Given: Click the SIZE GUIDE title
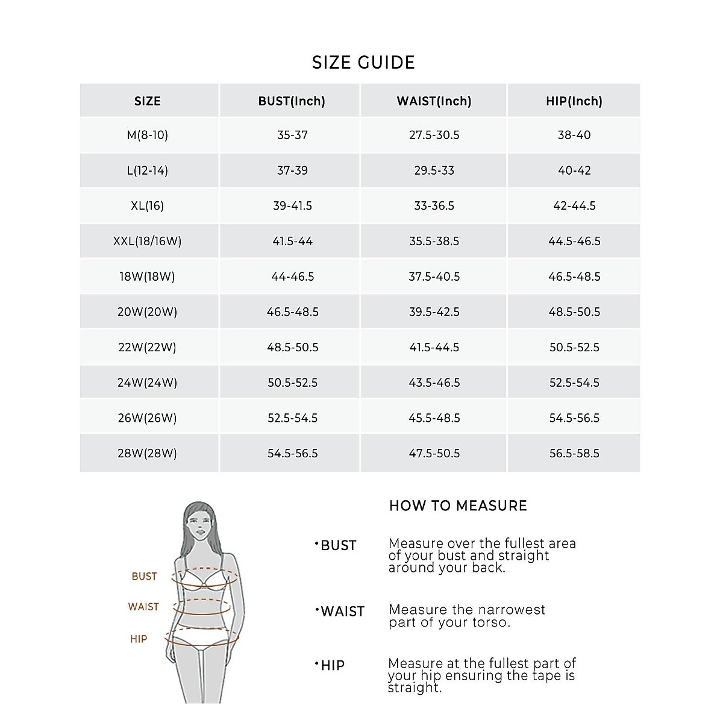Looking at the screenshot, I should coord(363,63).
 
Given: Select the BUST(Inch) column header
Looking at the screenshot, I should coord(292,101).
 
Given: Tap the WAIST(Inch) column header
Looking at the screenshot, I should coord(434,101).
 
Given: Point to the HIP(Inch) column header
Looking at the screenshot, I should coord(574,101).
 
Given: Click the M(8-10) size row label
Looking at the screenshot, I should coord(148,135).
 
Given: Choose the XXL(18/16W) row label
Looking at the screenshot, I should coord(148,241).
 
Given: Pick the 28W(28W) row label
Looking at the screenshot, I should coord(148,453).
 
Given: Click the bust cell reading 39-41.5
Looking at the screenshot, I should coord(293,205).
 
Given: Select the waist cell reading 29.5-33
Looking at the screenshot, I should coord(434,171).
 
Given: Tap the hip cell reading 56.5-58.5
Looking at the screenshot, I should coord(574,453).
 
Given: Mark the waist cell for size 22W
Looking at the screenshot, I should coord(434,347).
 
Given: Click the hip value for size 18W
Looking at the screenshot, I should coord(574,277).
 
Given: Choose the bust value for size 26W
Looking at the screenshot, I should coord(293,418).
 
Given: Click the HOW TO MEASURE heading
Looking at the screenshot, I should coord(458,505).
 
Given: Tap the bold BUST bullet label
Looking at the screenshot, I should coord(338,545).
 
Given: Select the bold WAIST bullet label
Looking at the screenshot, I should coord(342,612).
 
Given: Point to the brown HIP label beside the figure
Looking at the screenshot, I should coord(139,639).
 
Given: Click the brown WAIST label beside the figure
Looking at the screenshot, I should coord(143,607).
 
